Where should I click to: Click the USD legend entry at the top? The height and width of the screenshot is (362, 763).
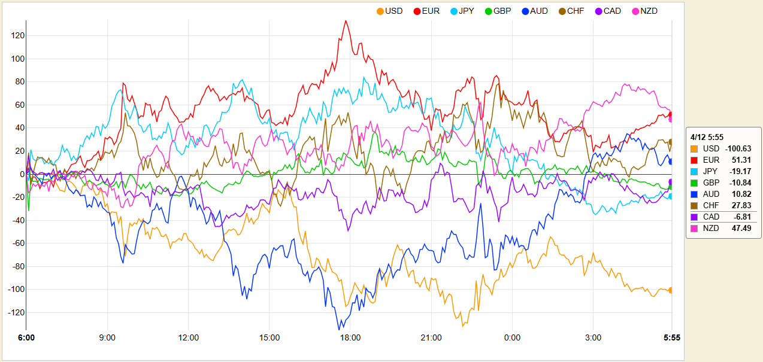pos(389,11)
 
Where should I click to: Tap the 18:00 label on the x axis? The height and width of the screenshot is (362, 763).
pos(350,338)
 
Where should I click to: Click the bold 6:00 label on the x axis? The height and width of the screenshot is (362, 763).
pos(26,338)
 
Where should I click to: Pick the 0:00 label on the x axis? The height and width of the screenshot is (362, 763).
pos(512,338)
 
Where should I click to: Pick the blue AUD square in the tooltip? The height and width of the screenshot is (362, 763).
pos(694,194)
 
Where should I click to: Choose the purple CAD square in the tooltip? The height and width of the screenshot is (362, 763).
pos(694,217)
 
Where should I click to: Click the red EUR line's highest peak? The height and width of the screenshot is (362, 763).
pos(346,21)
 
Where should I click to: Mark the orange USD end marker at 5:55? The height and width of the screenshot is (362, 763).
pos(671,290)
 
